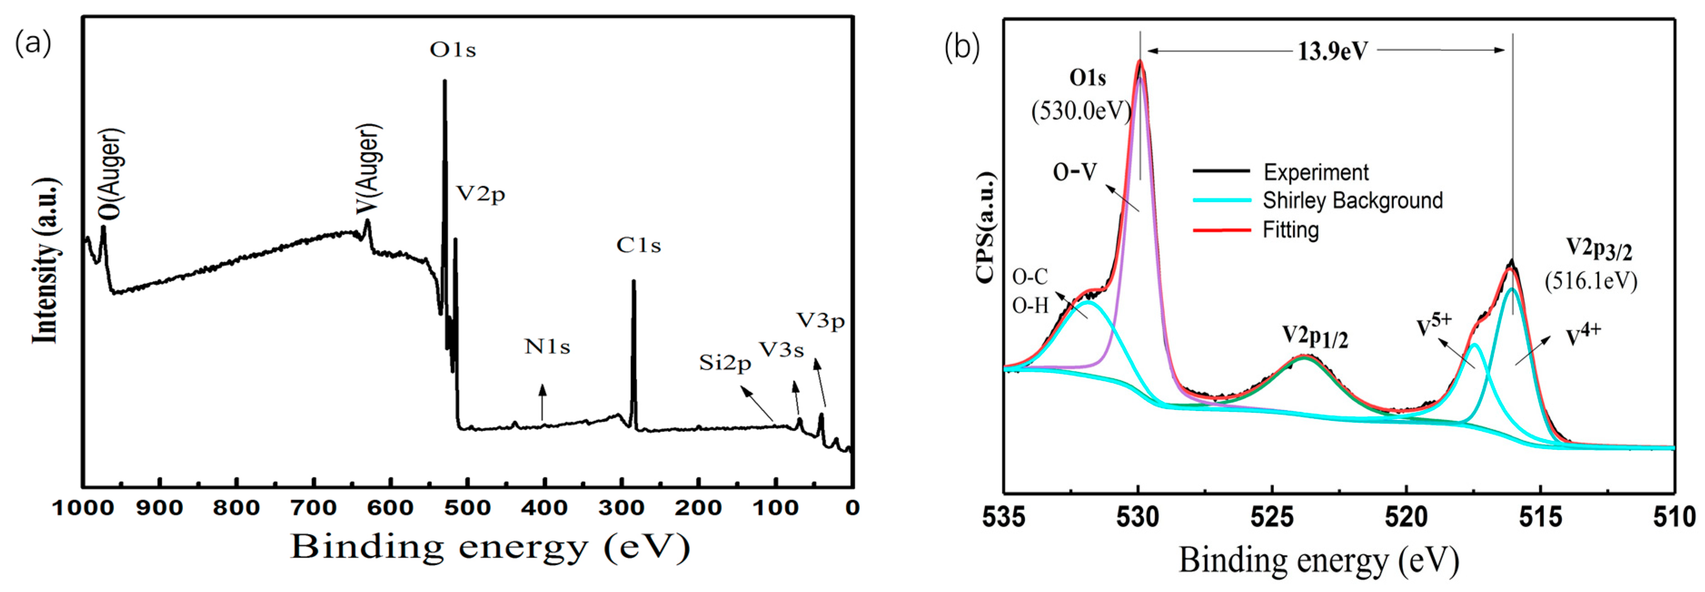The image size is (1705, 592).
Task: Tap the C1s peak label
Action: (x=639, y=245)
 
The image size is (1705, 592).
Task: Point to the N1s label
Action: (x=547, y=347)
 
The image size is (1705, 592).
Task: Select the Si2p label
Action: (x=725, y=363)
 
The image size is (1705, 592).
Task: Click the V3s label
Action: (x=781, y=350)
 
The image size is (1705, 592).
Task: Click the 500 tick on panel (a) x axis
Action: (x=468, y=509)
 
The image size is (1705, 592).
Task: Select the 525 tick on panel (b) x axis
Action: (x=1272, y=517)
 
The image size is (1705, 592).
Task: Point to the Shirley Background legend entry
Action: (x=1352, y=201)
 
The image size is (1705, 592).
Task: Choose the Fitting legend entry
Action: (x=1291, y=230)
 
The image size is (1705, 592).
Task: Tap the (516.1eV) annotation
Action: (x=1591, y=281)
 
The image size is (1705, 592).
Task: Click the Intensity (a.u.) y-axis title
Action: (x=46, y=261)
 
